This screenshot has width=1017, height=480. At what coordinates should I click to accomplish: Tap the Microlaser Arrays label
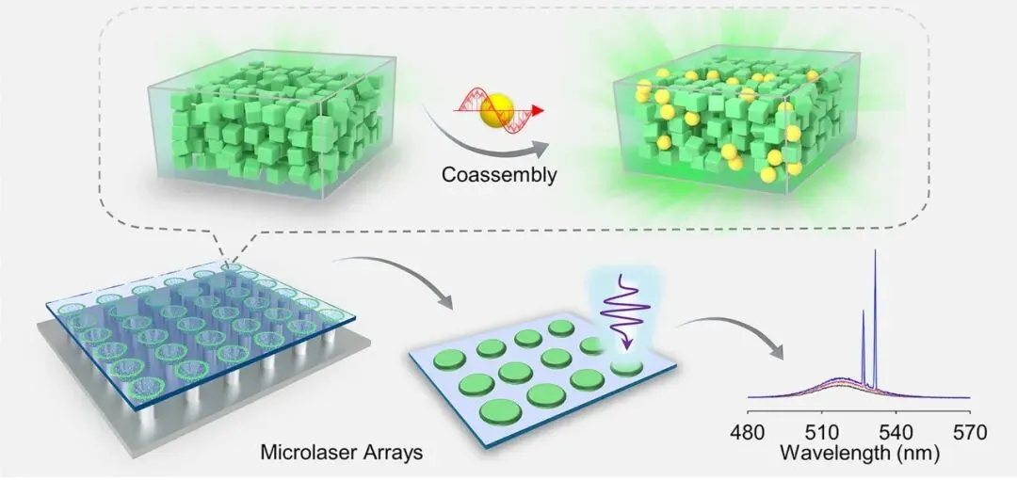(x=342, y=453)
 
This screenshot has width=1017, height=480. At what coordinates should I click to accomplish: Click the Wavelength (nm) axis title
(x=858, y=455)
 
